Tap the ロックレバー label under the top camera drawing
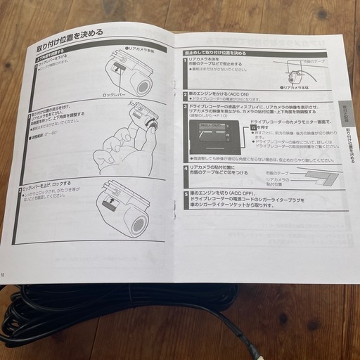pos(115,94)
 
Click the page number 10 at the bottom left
pos(3,274)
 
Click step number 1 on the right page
pos(186,63)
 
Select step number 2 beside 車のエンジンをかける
pos(185,94)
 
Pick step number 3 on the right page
pos(186,108)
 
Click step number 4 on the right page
pos(186,167)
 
